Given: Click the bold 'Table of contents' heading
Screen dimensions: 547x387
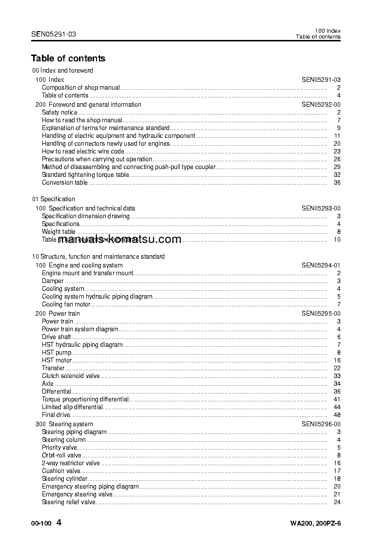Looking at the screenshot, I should point(68,58).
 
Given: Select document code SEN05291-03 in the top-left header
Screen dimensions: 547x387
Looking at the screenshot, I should point(53,34).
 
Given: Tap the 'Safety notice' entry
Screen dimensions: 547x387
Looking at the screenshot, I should point(59,113).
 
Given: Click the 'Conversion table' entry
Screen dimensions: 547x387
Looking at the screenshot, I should point(65,183).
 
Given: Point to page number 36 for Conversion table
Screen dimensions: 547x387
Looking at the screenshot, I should point(337,183).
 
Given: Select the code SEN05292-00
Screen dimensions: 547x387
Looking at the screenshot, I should point(321,105).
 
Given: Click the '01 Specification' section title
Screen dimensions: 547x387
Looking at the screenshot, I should point(54,199).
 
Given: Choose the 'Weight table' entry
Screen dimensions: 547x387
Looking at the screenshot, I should point(58,232).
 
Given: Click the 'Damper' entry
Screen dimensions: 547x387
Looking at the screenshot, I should point(53,281).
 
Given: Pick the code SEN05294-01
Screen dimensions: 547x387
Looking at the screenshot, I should point(321,265).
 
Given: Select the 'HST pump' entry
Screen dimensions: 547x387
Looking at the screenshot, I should point(57,353).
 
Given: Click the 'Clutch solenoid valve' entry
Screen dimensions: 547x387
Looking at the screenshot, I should point(71,376).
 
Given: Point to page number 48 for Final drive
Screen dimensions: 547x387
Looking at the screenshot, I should point(337,415).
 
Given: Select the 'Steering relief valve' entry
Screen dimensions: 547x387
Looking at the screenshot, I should point(69,502).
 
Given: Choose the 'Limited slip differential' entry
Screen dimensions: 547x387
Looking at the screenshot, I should point(72,407).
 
